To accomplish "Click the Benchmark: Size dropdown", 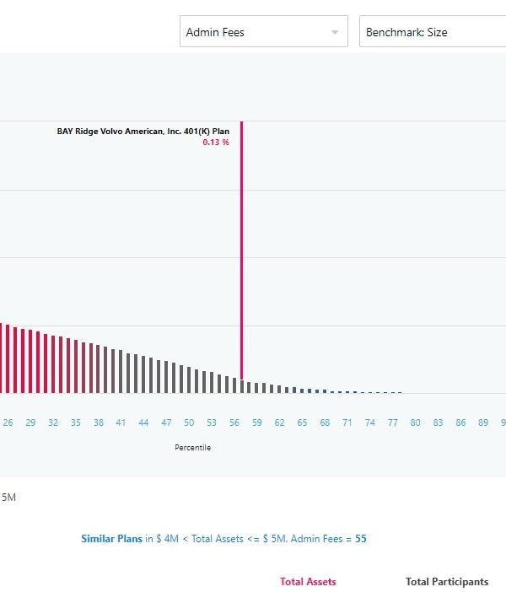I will pyautogui.click(x=430, y=32).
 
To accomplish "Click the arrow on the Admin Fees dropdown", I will pyautogui.click(x=335, y=32).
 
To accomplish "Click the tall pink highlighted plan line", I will pyautogui.click(x=241, y=253).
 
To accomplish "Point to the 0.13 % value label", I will pyautogui.click(x=215, y=143).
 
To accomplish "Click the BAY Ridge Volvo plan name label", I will pyautogui.click(x=143, y=131).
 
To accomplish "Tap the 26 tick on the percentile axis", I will pyautogui.click(x=8, y=422).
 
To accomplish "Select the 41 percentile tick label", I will pyautogui.click(x=121, y=422).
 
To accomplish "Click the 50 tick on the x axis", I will pyautogui.click(x=189, y=422).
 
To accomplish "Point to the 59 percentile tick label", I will pyautogui.click(x=257, y=422).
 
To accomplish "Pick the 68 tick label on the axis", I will pyautogui.click(x=325, y=422).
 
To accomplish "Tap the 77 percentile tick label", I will pyautogui.click(x=393, y=422).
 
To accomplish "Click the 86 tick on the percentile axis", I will pyautogui.click(x=460, y=422).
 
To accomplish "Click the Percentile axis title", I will pyautogui.click(x=192, y=448).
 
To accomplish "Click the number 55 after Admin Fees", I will pyautogui.click(x=361, y=538).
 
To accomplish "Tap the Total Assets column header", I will pyautogui.click(x=308, y=582).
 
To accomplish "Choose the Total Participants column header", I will pyautogui.click(x=447, y=582).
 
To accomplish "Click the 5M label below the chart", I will pyautogui.click(x=8, y=498).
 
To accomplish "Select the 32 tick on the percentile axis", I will pyautogui.click(x=53, y=422).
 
